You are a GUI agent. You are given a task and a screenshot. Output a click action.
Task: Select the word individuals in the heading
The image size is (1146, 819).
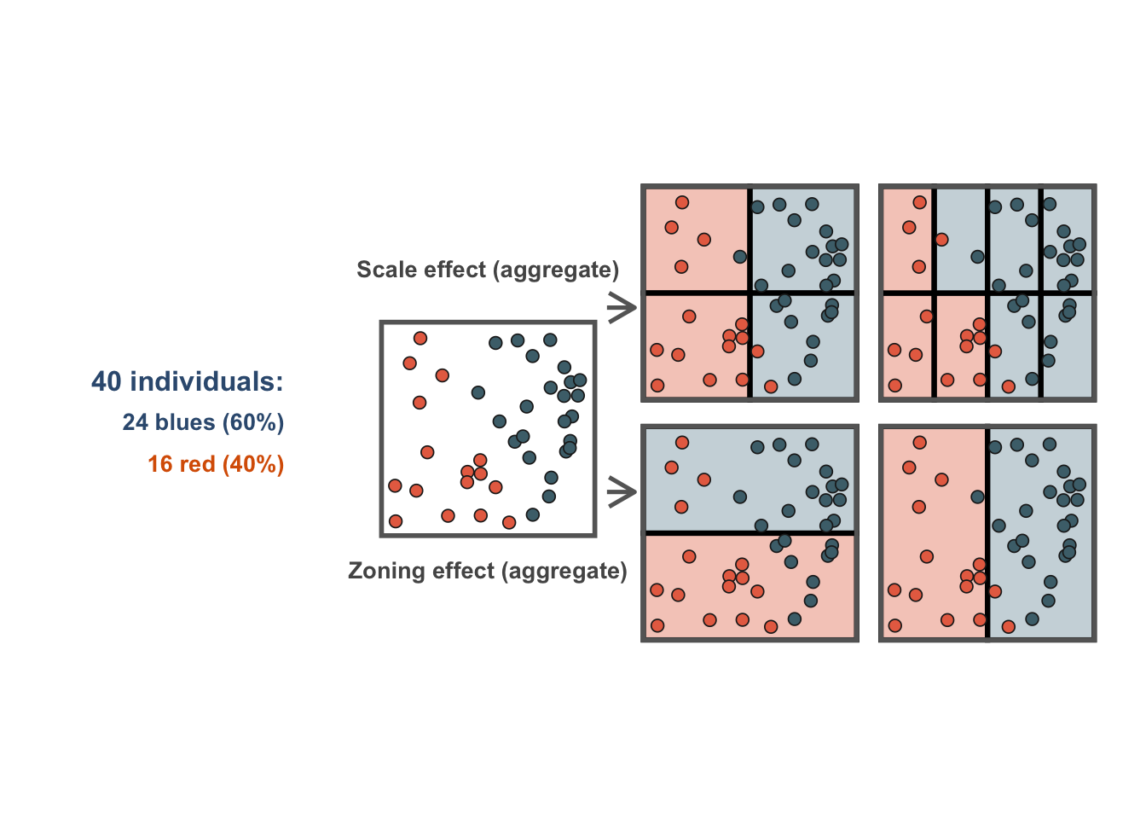(205, 381)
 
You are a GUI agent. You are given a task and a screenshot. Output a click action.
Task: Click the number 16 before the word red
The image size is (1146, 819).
(160, 464)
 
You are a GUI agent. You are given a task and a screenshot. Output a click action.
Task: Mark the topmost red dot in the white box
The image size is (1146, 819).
(420, 339)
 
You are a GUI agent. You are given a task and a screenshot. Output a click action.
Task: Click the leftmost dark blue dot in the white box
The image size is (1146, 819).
(478, 392)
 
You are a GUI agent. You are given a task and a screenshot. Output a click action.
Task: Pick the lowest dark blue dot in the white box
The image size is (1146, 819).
(533, 514)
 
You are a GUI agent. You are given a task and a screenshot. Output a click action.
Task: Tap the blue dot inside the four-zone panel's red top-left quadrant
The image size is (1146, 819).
(739, 257)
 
